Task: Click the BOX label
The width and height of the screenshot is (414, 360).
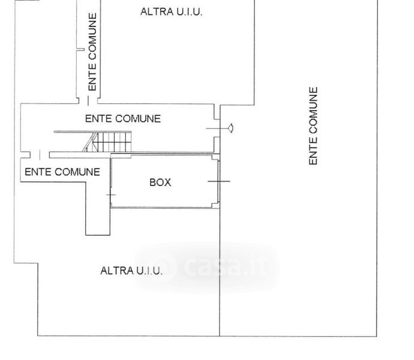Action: click(160, 182)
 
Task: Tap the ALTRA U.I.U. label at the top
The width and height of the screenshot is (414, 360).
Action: click(171, 11)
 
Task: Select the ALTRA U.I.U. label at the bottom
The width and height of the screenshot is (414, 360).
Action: click(131, 271)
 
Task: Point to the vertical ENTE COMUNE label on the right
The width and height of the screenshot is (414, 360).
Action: click(313, 126)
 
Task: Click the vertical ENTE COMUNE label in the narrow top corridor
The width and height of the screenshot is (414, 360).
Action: click(92, 52)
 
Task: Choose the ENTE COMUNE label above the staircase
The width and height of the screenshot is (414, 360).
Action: click(122, 118)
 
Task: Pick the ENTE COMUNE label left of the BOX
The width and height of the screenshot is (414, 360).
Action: click(62, 172)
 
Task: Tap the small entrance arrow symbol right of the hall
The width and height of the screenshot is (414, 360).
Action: click(230, 128)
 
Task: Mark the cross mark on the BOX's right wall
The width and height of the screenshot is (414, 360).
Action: click(219, 181)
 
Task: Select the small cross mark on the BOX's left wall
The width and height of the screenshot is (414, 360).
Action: click(110, 194)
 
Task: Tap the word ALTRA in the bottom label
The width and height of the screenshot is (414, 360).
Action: click(113, 271)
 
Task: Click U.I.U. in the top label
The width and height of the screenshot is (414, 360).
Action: click(188, 11)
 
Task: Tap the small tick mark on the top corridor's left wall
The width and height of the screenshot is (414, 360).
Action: click(79, 50)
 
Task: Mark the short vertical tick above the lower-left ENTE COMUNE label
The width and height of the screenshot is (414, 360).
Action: click(40, 155)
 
